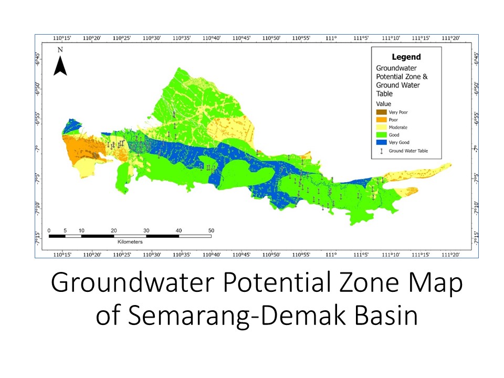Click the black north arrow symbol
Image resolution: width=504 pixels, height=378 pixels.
(61, 66)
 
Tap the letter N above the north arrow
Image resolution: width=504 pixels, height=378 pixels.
(61, 50)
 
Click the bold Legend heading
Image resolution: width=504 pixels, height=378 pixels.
(406, 57)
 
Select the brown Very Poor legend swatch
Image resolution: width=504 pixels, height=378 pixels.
(382, 112)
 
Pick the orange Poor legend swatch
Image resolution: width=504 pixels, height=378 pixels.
(382, 120)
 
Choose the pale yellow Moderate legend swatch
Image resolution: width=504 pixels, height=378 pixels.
(382, 127)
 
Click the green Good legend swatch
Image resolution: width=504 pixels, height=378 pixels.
(382, 135)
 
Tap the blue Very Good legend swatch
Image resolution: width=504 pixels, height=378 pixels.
(382, 142)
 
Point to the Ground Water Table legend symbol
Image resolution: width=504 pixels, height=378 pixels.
(382, 151)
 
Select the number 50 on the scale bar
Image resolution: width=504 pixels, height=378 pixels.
(211, 230)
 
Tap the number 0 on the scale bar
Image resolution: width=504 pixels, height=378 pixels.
(48, 230)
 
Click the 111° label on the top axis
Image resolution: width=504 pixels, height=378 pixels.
(331, 38)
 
